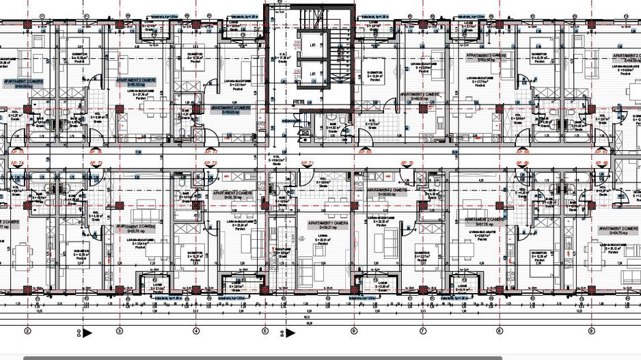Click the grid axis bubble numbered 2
coord(28,331)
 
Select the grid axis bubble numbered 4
coord(196,331)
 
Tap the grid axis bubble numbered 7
coord(423,331)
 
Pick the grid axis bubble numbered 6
coord(354,331)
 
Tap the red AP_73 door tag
coord(96,163)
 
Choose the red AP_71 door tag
coord(307,163)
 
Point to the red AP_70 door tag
coord(407,163)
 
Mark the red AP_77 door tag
coord(210,152)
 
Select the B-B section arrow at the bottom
coord(290,333)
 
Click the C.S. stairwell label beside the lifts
coord(281,57)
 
